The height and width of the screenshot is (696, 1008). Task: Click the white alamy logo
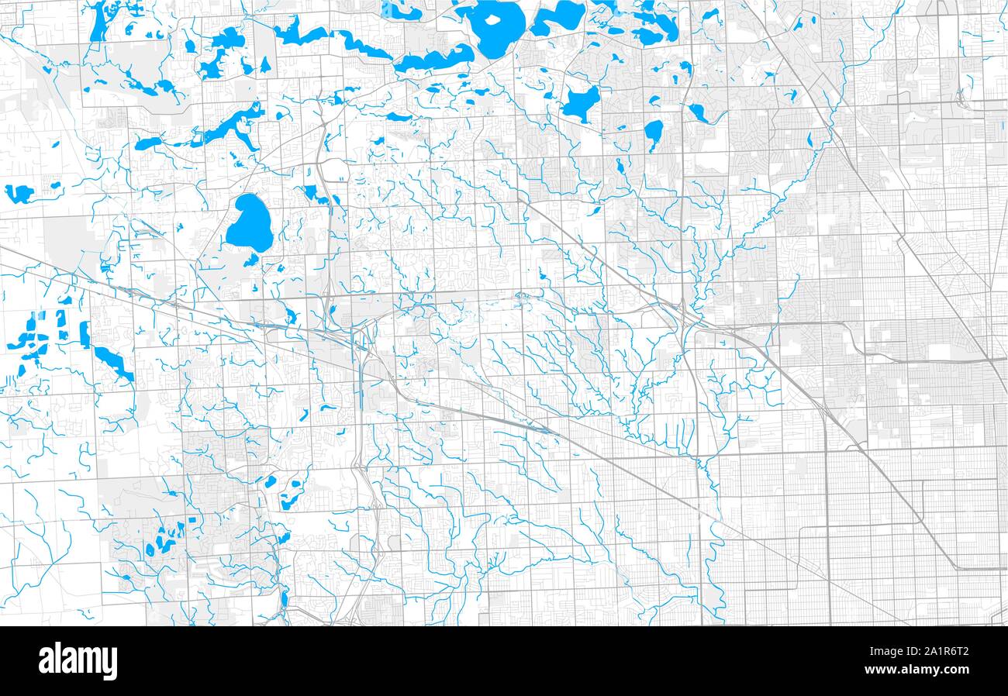point(78,661)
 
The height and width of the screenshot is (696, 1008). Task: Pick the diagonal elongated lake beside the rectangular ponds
point(113,363)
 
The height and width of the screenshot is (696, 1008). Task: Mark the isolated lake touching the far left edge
point(19,193)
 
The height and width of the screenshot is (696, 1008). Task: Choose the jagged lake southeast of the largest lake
point(581,103)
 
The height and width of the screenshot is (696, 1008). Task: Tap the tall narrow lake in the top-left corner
point(98,21)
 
